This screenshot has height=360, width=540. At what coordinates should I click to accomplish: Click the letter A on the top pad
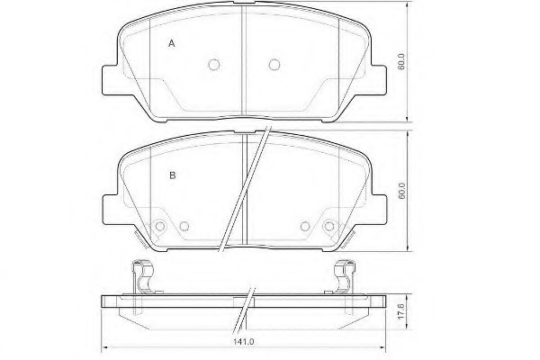[172, 43]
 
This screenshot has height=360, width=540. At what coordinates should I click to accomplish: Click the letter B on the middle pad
[172, 175]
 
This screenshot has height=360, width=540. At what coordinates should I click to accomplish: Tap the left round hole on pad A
[214, 64]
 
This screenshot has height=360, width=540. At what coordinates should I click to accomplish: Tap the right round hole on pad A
[274, 64]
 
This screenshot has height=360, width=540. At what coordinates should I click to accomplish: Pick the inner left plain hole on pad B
[184, 227]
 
